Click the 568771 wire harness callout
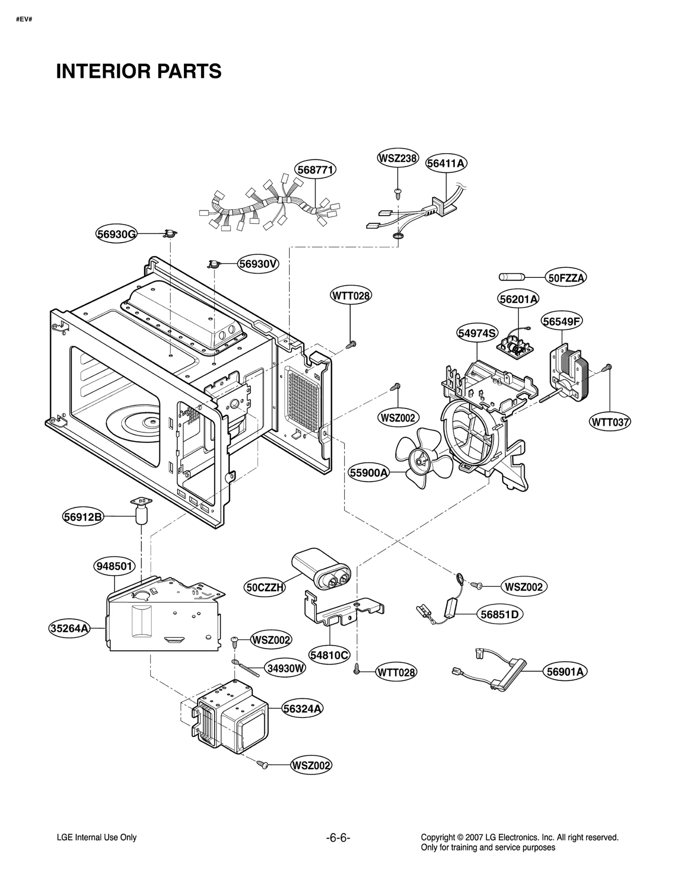pos(315,169)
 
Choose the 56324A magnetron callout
pos(303,709)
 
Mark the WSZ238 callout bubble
pos(397,158)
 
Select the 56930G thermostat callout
pos(116,234)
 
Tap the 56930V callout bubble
pos(258,264)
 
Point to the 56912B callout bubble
pos(83,517)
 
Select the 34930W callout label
pos(286,668)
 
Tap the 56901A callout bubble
pos(565,671)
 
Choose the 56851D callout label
pos(500,614)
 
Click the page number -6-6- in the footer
pos(338,837)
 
